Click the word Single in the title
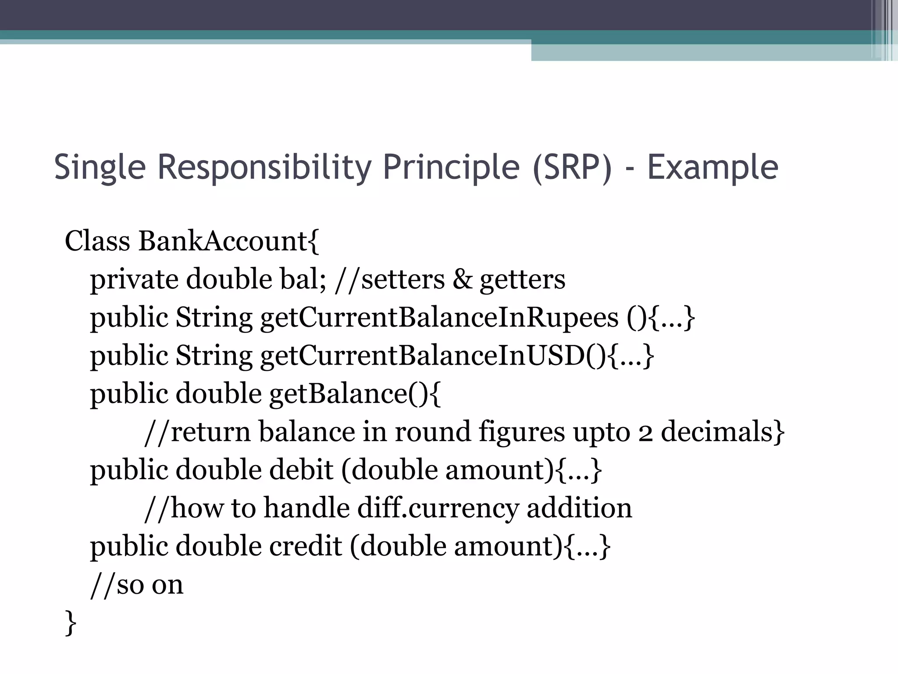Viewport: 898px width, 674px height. click(x=100, y=167)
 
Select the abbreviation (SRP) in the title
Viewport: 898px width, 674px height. click(x=572, y=167)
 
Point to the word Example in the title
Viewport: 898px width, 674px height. click(x=713, y=167)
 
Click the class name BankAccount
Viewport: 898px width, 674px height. click(x=223, y=241)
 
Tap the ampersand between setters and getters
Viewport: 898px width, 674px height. click(x=462, y=280)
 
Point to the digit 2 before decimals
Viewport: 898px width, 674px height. click(x=645, y=432)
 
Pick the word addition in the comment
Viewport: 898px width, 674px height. click(x=579, y=508)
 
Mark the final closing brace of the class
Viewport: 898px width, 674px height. click(x=70, y=622)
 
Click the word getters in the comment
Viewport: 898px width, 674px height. click(x=522, y=280)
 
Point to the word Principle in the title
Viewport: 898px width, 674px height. click(x=451, y=167)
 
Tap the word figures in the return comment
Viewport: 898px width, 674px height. click(x=522, y=432)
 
